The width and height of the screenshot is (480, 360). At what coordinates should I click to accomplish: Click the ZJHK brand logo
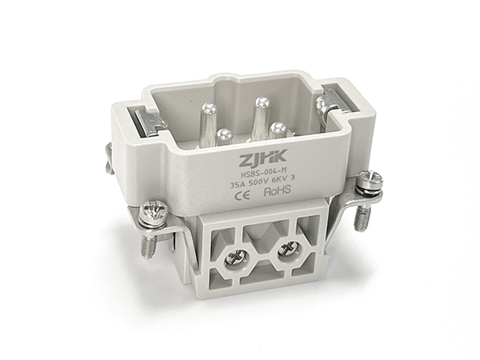(x=263, y=157)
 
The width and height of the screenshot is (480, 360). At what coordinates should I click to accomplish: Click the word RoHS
(x=277, y=191)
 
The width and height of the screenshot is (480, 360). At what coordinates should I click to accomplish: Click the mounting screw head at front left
(x=153, y=213)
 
